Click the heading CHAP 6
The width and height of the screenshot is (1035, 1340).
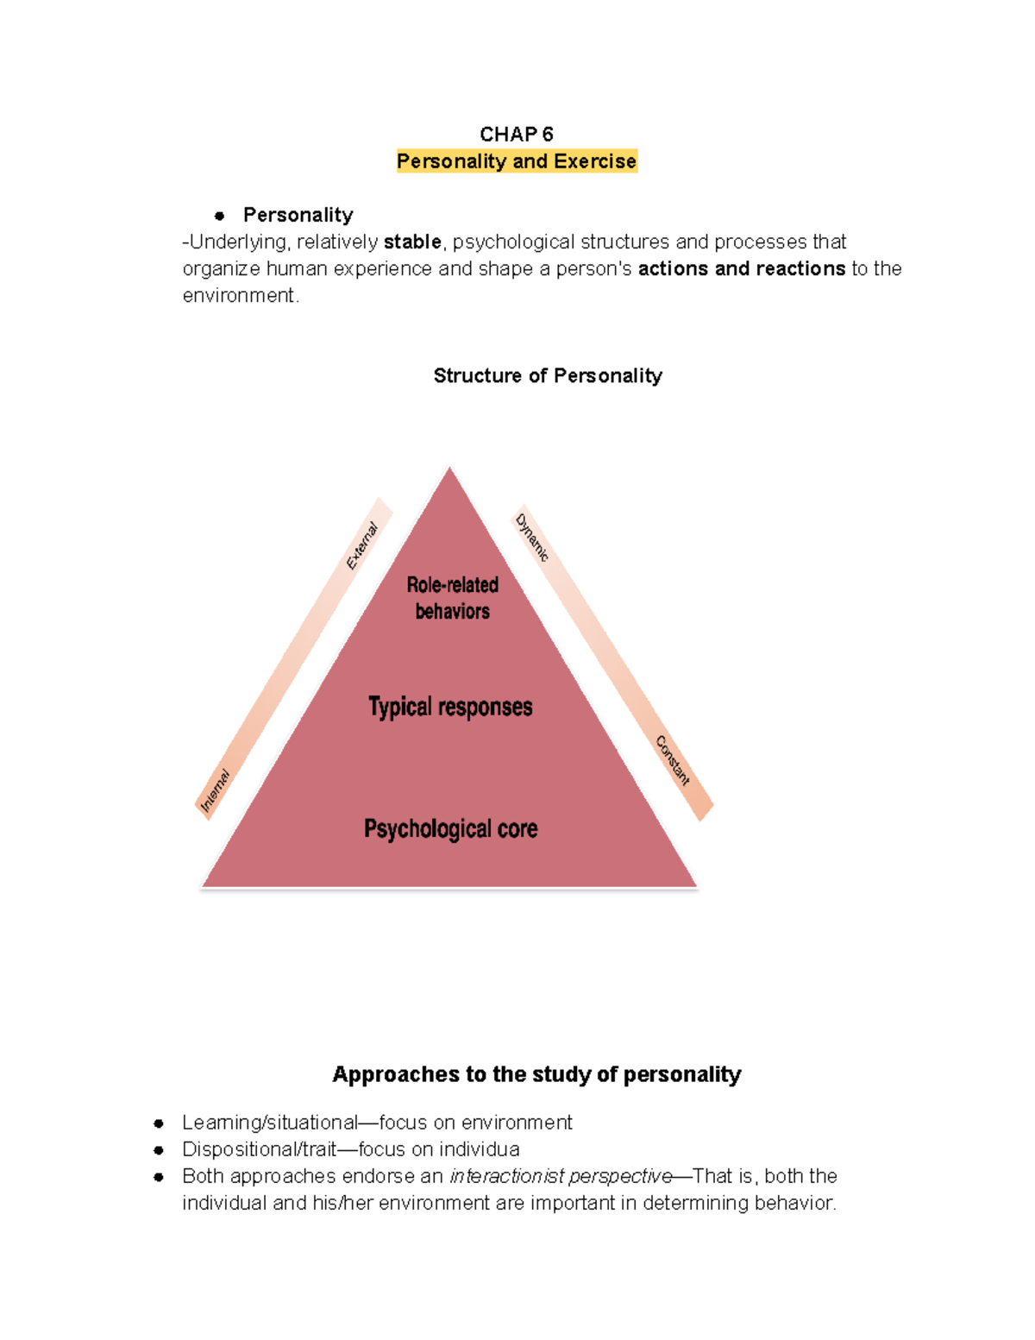(516, 134)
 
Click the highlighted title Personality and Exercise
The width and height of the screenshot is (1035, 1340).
(517, 161)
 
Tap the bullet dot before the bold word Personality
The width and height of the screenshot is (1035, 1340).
(220, 216)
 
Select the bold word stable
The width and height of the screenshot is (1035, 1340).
(412, 242)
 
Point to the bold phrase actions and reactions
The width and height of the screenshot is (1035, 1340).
(742, 268)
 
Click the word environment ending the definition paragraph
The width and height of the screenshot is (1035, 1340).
(239, 295)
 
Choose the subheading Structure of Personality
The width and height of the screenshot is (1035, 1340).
(548, 375)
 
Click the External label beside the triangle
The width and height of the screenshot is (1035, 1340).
(362, 545)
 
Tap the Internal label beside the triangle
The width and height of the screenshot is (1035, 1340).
(215, 790)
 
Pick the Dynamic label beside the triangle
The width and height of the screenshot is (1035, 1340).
(531, 537)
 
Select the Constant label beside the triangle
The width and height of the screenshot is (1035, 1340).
(673, 760)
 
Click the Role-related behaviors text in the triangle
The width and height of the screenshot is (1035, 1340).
(452, 598)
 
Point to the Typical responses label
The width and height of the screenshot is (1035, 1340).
(450, 707)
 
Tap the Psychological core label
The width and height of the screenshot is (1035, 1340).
(450, 829)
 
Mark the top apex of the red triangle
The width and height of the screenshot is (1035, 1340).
(449, 469)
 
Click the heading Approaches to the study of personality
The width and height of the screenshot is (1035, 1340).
(536, 1074)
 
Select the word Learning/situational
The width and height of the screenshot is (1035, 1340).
(269, 1123)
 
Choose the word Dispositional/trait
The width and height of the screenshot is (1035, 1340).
(259, 1149)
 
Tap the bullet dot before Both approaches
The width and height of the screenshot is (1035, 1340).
(159, 1176)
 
